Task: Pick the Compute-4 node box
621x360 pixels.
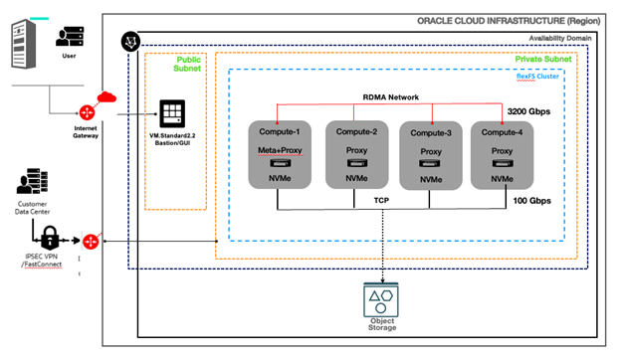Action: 509,154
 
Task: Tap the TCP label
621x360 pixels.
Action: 381,199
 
